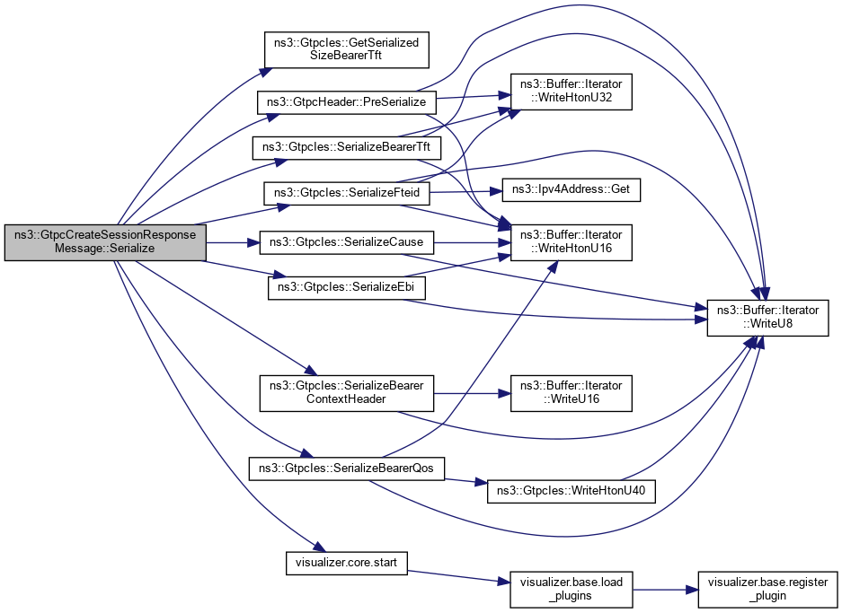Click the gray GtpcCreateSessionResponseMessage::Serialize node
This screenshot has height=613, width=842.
[106, 242]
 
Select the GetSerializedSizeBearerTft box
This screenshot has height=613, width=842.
[346, 48]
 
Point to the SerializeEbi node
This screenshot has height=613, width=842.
[346, 288]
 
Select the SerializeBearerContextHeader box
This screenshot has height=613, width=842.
[346, 391]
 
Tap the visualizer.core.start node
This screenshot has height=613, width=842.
[346, 563]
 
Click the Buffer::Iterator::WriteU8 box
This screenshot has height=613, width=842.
[767, 318]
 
